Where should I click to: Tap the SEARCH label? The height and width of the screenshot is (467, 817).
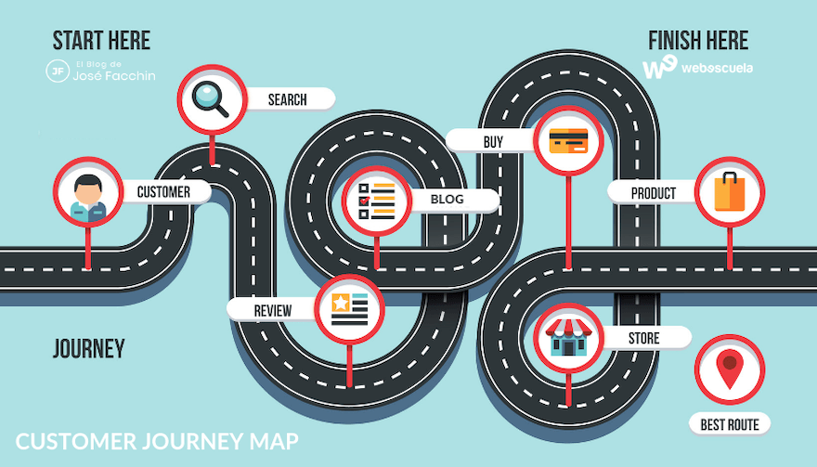click(x=288, y=98)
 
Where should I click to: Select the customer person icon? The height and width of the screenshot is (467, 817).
click(x=88, y=192)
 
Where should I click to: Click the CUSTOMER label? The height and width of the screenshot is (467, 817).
click(x=163, y=192)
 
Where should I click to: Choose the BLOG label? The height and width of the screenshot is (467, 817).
click(x=447, y=200)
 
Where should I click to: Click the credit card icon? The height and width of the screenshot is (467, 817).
click(x=568, y=141)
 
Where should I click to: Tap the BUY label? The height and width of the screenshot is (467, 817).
click(x=493, y=141)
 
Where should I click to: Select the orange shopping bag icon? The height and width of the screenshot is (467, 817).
click(x=729, y=192)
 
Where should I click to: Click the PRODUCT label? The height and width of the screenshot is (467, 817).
click(x=654, y=193)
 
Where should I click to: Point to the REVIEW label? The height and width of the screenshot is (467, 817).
click(x=273, y=310)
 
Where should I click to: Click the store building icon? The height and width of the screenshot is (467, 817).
click(x=568, y=336)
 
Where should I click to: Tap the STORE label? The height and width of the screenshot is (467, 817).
click(x=643, y=337)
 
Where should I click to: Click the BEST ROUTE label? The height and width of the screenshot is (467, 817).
click(x=730, y=425)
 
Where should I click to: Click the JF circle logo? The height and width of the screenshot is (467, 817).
click(x=58, y=70)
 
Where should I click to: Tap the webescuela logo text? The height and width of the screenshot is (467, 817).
click(x=717, y=68)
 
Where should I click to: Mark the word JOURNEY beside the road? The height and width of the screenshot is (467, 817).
click(x=88, y=349)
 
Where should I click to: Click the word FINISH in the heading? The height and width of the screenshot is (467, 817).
click(x=674, y=41)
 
